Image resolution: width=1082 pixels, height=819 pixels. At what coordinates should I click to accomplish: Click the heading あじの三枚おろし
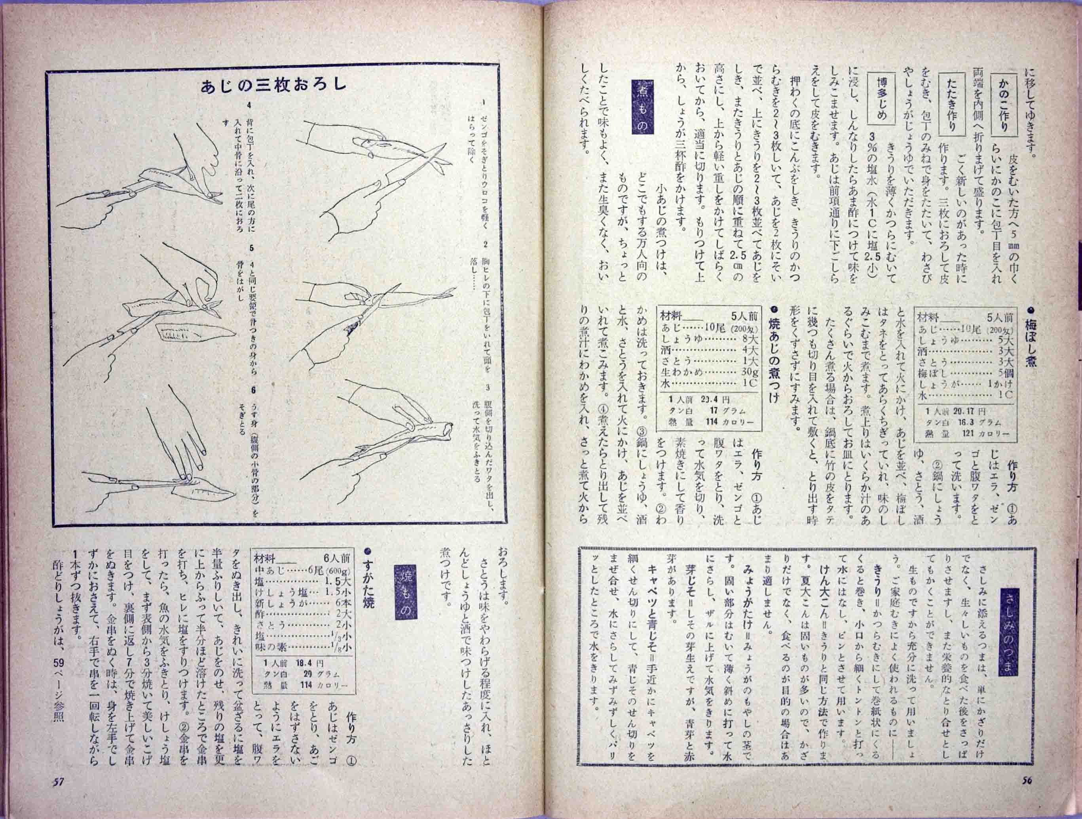[x=273, y=86]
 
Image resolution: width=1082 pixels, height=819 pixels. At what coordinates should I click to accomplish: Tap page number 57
[x=59, y=796]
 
